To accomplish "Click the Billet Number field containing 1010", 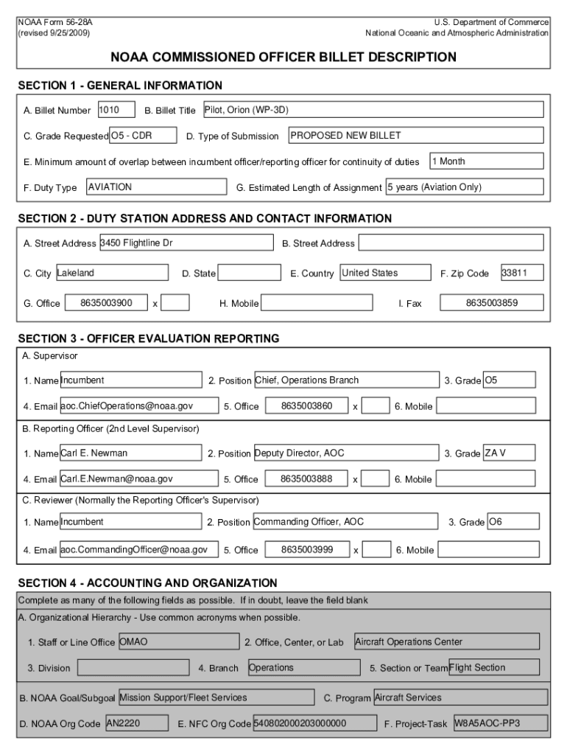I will [x=116, y=110].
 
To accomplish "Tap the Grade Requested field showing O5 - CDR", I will [x=143, y=136].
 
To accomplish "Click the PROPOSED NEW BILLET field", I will [x=415, y=136].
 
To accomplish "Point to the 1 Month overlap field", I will [x=487, y=161].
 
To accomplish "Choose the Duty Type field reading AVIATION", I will [x=154, y=187].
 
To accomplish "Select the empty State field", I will [x=250, y=273].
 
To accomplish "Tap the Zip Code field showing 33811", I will [x=522, y=273].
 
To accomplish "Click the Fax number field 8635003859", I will [x=491, y=303].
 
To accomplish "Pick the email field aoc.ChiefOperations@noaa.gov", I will [x=138, y=406].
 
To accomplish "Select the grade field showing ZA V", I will [x=509, y=453].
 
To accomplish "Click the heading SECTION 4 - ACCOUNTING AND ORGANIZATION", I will [x=147, y=582].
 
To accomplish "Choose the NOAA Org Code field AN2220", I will [x=138, y=723].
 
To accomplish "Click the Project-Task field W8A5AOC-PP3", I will [x=500, y=723].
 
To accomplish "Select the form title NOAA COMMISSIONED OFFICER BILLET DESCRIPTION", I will [x=283, y=57].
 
